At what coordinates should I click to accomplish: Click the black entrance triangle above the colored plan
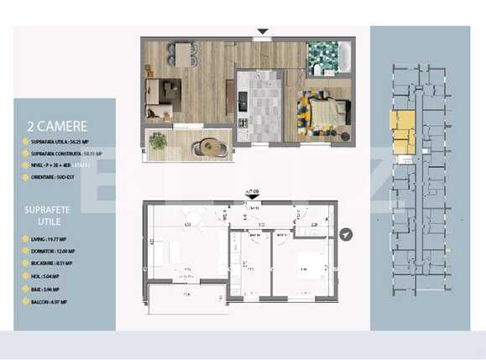(263, 33)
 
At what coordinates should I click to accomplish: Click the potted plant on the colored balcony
(158, 142)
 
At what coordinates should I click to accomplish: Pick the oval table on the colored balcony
(210, 149)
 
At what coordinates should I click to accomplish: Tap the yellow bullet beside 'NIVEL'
(23, 165)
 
